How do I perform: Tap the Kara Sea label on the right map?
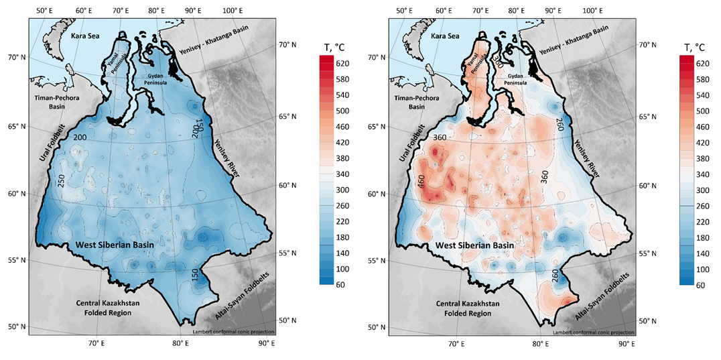450,36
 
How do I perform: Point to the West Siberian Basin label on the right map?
475,245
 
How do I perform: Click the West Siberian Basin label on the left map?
115,245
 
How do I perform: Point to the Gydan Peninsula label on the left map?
166,80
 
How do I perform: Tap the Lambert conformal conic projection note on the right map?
593,332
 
